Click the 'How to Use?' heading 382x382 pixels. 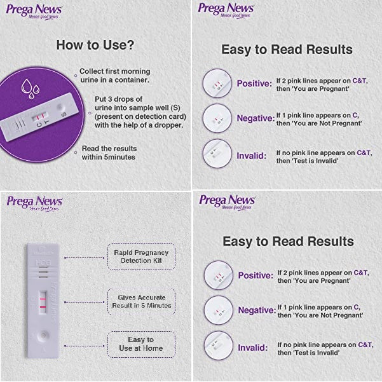pyautogui.click(x=95, y=45)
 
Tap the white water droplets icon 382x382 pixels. pyautogui.click(x=28, y=87)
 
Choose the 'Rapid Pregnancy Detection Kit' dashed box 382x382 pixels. pyautogui.click(x=140, y=256)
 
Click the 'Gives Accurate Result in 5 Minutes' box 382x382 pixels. pyautogui.click(x=140, y=301)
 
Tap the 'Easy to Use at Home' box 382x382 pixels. pyautogui.click(x=140, y=344)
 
